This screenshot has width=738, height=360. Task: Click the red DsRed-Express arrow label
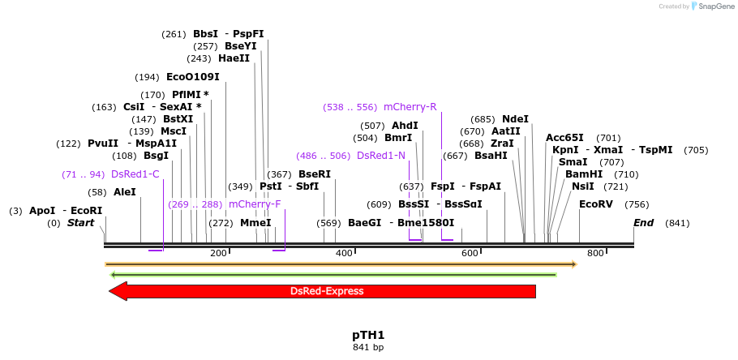point(327,291)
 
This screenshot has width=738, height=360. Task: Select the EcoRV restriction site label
point(596,204)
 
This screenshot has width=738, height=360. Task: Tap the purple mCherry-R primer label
point(410,107)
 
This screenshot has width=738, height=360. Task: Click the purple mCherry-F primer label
point(255,204)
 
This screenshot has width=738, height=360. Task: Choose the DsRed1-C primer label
point(135,174)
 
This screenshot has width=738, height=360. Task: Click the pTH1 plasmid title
point(368,335)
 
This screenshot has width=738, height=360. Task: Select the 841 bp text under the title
point(368,348)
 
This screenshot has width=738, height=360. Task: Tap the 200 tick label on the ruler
point(218,254)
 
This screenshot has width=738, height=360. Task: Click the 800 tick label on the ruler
point(595,254)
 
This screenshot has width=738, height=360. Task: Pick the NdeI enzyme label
point(515,119)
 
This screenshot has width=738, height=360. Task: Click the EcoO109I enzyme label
point(192,77)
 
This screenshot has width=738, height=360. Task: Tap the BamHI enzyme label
point(584,174)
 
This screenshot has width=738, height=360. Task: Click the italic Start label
point(80,223)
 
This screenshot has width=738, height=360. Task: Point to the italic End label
point(643,223)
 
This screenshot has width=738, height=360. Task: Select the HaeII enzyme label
point(234,58)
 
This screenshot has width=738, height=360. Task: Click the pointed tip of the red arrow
point(111,291)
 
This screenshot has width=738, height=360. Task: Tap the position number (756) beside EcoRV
point(637,204)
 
